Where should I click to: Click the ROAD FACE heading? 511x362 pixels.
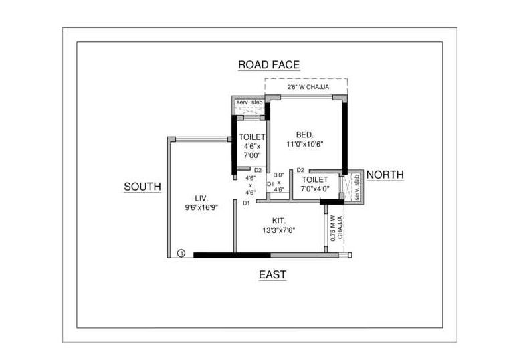click(x=269, y=65)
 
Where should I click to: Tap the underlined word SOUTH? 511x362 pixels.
click(x=142, y=187)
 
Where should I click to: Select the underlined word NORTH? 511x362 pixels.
click(x=385, y=175)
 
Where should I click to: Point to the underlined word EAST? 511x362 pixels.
click(x=272, y=274)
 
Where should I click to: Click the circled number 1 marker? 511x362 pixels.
click(x=181, y=253)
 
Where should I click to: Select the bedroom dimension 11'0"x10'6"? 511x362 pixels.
click(x=305, y=144)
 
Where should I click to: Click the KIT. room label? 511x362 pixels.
click(x=279, y=220)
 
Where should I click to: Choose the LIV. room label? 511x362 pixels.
click(x=201, y=198)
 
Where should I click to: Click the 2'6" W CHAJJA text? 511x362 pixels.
click(x=308, y=86)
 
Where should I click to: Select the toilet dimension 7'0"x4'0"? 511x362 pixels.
click(x=315, y=189)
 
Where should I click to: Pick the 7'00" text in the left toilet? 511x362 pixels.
click(x=253, y=155)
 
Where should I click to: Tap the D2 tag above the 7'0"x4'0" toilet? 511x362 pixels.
click(x=300, y=171)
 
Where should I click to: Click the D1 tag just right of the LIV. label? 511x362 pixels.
click(x=246, y=203)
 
